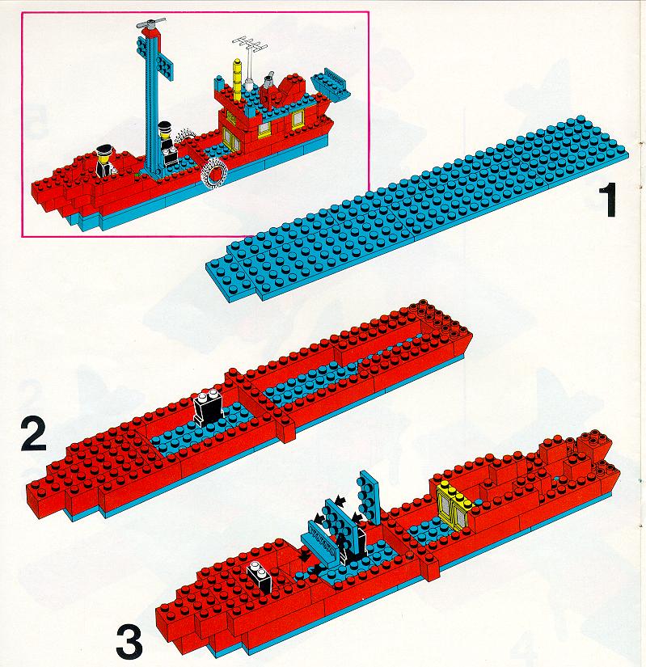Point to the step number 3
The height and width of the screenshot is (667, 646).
[x=129, y=642]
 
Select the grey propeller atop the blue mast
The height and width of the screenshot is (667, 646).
[x=150, y=23]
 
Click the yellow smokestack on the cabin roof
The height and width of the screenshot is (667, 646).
[x=237, y=81]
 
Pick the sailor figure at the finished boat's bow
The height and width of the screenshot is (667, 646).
[x=104, y=162]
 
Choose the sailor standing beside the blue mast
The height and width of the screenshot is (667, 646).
[x=167, y=145]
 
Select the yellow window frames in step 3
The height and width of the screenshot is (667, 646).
[x=454, y=504]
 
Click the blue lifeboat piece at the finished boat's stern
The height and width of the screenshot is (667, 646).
[x=331, y=85]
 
